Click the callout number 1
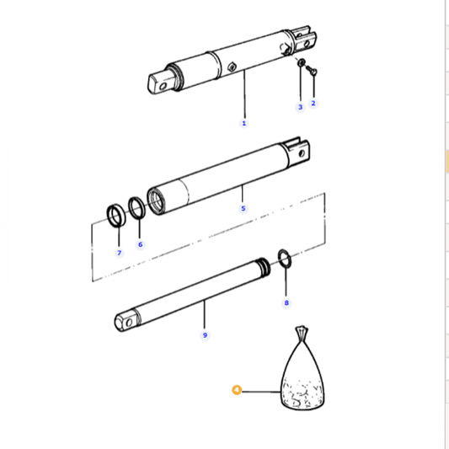pyautogui.click(x=244, y=123)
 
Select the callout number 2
pyautogui.click(x=313, y=104)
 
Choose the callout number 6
pyautogui.click(x=141, y=244)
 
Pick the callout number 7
pyautogui.click(x=119, y=253)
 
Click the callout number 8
pyautogui.click(x=286, y=302)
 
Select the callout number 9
pyautogui.click(x=204, y=335)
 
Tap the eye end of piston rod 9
pyautogui.click(x=126, y=320)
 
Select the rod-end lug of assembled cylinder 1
pyautogui.click(x=161, y=82)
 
